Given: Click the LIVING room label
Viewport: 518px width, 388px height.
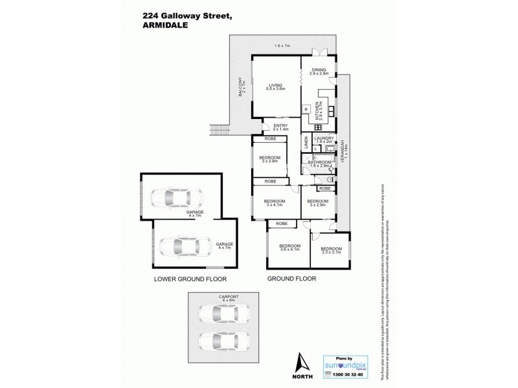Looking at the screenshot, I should (x=277, y=85).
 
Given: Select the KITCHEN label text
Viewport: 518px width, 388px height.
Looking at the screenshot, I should (x=318, y=112).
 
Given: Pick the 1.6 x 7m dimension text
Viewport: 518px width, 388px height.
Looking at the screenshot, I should (x=282, y=46).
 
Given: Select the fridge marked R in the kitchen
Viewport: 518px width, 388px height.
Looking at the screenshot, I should (x=306, y=109).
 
